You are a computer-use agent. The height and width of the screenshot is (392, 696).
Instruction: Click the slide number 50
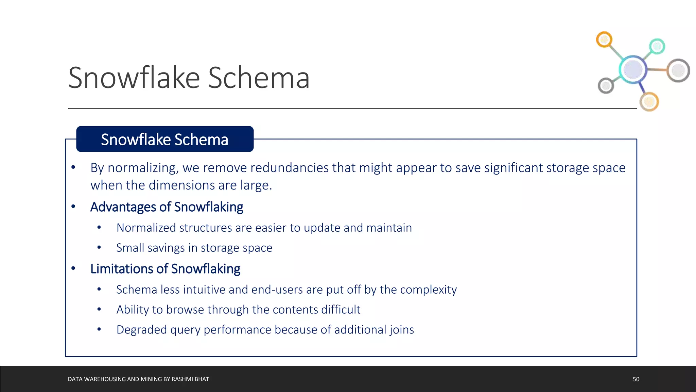(x=636, y=379)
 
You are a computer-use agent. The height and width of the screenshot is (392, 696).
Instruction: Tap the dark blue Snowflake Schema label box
(x=165, y=139)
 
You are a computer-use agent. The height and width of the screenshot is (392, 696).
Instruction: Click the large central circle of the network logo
(x=633, y=69)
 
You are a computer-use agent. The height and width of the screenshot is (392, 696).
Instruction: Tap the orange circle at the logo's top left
(x=604, y=40)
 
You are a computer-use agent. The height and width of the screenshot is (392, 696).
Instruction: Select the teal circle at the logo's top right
(x=657, y=46)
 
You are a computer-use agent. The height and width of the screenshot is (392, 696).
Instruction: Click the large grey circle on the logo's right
(x=678, y=71)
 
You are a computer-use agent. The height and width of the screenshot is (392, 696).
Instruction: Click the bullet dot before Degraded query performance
(x=99, y=329)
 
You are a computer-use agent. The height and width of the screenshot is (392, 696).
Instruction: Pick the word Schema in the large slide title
(x=259, y=78)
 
